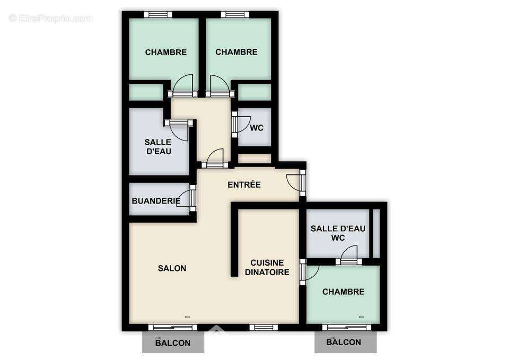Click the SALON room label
[x=172, y=268]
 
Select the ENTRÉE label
[x=244, y=185]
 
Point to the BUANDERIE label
[x=156, y=201]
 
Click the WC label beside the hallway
[x=257, y=128]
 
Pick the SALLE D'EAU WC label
[x=338, y=233]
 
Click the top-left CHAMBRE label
[x=165, y=52]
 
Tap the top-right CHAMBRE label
[x=236, y=52]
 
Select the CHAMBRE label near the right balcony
[x=343, y=292]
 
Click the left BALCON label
[x=173, y=343]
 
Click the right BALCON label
[x=344, y=343]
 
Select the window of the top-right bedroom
[x=235, y=14]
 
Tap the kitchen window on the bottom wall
[x=264, y=327]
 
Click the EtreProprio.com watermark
[x=51, y=19]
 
